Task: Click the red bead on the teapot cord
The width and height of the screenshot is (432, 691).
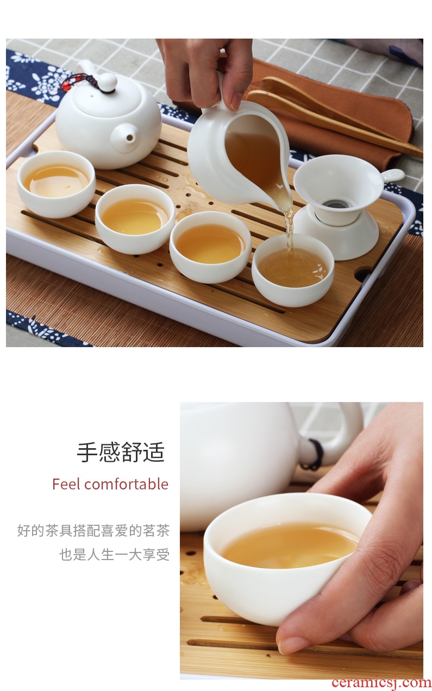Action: click(65, 86)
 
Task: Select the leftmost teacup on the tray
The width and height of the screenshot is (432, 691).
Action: click(56, 184)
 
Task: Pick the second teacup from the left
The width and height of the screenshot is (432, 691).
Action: click(135, 218)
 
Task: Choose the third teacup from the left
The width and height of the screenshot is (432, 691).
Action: click(210, 247)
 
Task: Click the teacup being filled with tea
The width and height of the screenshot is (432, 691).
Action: click(293, 270)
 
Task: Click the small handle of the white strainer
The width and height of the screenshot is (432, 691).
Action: click(393, 176)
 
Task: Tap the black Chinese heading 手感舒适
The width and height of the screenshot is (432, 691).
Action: click(121, 452)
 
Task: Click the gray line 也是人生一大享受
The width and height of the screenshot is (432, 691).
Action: click(115, 554)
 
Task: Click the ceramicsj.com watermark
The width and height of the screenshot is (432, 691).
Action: click(381, 682)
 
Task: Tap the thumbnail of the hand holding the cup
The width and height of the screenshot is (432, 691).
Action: click(292, 645)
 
